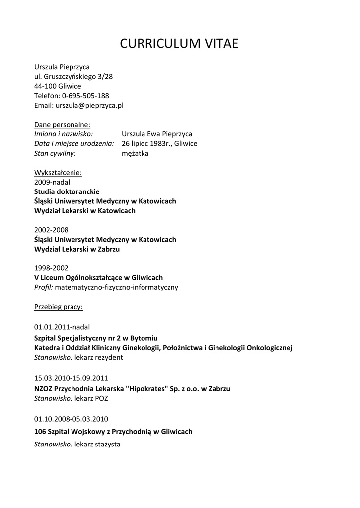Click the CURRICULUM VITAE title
tap(180, 44)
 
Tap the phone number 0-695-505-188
tap(85, 96)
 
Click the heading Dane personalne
tap(62, 125)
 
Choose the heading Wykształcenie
tap(58, 173)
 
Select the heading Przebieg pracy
tap(59, 307)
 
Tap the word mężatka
tap(135, 153)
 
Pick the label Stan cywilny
tap(55, 153)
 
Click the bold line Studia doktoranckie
tap(67, 191)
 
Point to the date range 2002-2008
tap(51, 230)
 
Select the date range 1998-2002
tap(51, 268)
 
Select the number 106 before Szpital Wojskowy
tap(40, 432)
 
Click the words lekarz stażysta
tap(97, 444)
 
